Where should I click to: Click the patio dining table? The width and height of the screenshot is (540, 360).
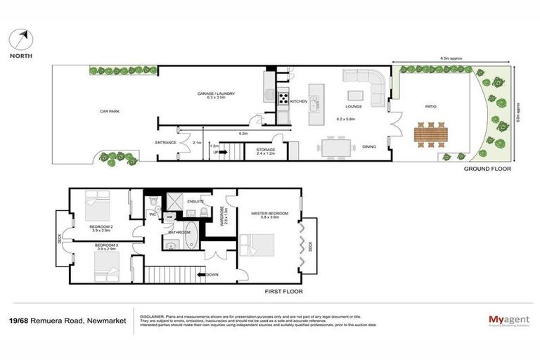[x=430, y=134]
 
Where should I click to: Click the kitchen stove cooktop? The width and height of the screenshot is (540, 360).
[x=283, y=99]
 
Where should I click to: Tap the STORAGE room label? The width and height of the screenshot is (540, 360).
[x=266, y=150]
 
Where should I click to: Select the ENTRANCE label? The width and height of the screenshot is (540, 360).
[x=165, y=143]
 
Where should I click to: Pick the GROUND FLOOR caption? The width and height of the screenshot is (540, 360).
[x=487, y=170]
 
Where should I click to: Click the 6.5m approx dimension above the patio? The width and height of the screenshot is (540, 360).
[x=451, y=58]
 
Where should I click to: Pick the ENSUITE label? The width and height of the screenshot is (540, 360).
[x=195, y=202]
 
